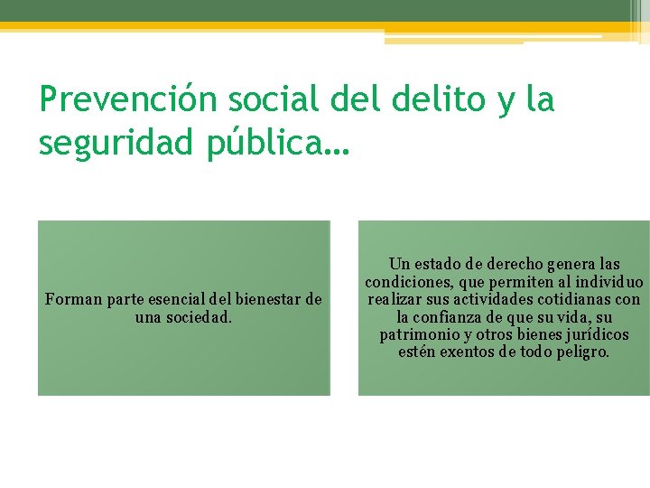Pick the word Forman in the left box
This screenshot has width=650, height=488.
pyautogui.click(x=73, y=299)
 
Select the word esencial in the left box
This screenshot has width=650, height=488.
pyautogui.click(x=174, y=299)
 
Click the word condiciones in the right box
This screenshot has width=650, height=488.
pyautogui.click(x=404, y=282)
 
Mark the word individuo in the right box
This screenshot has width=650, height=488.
pyautogui.click(x=608, y=282)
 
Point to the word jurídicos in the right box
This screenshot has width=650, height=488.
pyautogui.click(x=595, y=334)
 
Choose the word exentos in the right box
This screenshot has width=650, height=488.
pyautogui.click(x=467, y=352)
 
